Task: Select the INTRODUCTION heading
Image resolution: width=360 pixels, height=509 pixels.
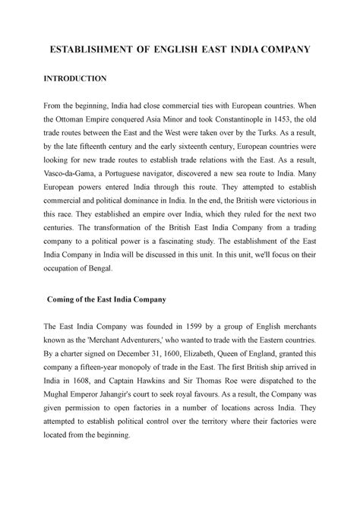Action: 75,79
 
